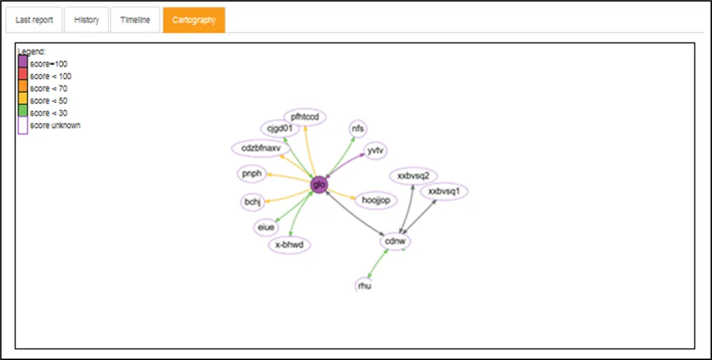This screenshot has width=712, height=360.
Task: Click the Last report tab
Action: coord(34,20)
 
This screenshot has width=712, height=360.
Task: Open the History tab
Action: coord(87,20)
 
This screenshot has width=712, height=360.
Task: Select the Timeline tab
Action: coord(135,20)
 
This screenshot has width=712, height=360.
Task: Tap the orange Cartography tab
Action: coord(194,20)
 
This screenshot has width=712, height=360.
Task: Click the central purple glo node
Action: coord(319,185)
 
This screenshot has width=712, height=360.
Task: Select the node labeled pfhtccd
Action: coord(305,117)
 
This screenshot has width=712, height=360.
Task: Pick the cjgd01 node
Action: coord(280,128)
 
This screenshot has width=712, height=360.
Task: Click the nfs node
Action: coord(358,128)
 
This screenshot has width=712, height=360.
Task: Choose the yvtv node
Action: coord(375,150)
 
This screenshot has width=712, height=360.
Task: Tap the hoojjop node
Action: coord(376,201)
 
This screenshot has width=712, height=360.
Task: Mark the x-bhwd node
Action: coord(290,245)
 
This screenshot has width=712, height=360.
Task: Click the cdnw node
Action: coord(395,241)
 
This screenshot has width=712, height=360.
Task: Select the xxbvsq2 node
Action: coord(413,176)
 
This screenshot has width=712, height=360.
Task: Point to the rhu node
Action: coord(365,286)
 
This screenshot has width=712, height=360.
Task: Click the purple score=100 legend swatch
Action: coord(23,61)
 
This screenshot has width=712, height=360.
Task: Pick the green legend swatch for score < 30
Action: coord(23,110)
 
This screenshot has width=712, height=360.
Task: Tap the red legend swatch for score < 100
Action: coord(23,74)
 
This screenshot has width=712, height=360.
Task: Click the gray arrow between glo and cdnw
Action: coord(355,213)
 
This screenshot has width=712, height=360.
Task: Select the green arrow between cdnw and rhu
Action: coord(378,264)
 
